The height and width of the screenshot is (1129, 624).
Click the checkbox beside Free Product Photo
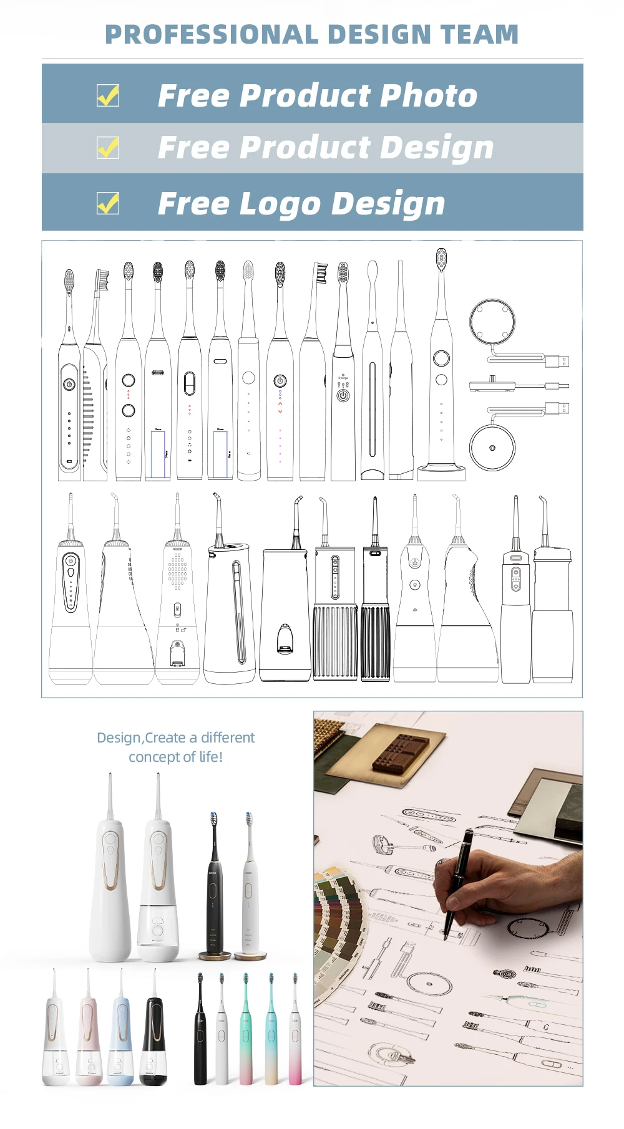click(x=108, y=95)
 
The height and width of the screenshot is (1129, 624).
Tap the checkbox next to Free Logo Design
click(x=108, y=203)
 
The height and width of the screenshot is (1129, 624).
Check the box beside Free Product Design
click(x=108, y=148)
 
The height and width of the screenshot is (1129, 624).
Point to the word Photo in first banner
click(x=428, y=95)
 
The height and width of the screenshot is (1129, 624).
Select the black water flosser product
click(x=153, y=1035)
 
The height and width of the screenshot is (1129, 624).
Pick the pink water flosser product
click(x=88, y=1035)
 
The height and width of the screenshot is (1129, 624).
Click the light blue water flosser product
click(x=120, y=1035)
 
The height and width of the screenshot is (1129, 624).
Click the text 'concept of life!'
click(x=175, y=757)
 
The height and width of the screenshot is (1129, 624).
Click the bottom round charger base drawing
click(x=492, y=448)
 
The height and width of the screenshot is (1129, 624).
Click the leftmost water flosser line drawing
click(x=71, y=598)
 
